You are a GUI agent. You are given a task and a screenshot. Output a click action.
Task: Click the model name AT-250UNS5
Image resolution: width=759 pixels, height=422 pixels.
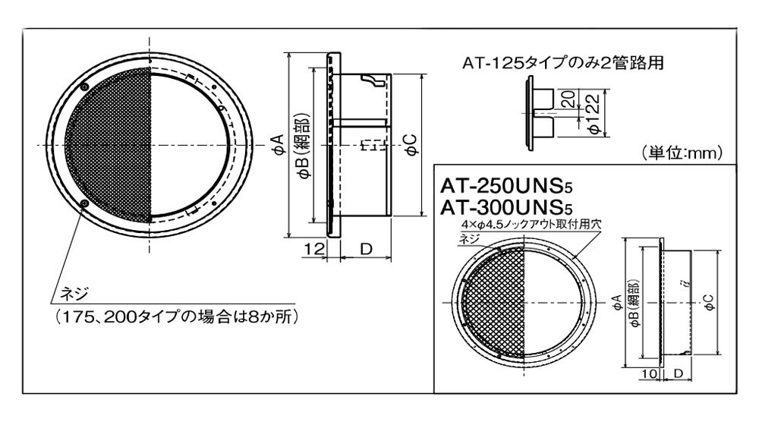click(x=506, y=186)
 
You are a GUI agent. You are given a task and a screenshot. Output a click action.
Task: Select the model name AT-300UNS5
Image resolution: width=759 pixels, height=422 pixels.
click(x=506, y=208)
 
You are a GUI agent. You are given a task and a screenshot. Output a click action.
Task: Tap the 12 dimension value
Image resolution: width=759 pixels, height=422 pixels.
click(x=314, y=249)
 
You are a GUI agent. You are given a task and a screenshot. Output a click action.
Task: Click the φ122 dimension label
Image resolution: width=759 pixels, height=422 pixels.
click(x=594, y=114)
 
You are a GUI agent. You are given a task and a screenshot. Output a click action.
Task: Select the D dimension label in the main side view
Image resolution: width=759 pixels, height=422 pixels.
click(x=367, y=249)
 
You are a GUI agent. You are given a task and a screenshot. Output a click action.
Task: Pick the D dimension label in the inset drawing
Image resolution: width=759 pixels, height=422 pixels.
click(x=678, y=373)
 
